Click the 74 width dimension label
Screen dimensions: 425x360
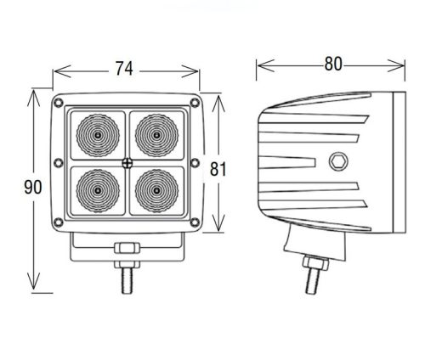[x=124, y=69]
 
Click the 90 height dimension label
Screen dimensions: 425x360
[x=33, y=187]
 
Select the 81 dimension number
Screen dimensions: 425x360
[x=218, y=169]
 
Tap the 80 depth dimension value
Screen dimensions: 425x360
[x=333, y=64]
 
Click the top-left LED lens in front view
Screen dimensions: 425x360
[x=98, y=135]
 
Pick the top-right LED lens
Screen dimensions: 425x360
[x=156, y=135]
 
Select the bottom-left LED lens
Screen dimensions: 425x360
[x=98, y=191]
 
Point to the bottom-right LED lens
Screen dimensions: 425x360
[x=156, y=191]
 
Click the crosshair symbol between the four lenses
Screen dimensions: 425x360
[x=127, y=163]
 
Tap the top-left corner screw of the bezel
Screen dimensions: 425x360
[x=59, y=103]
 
